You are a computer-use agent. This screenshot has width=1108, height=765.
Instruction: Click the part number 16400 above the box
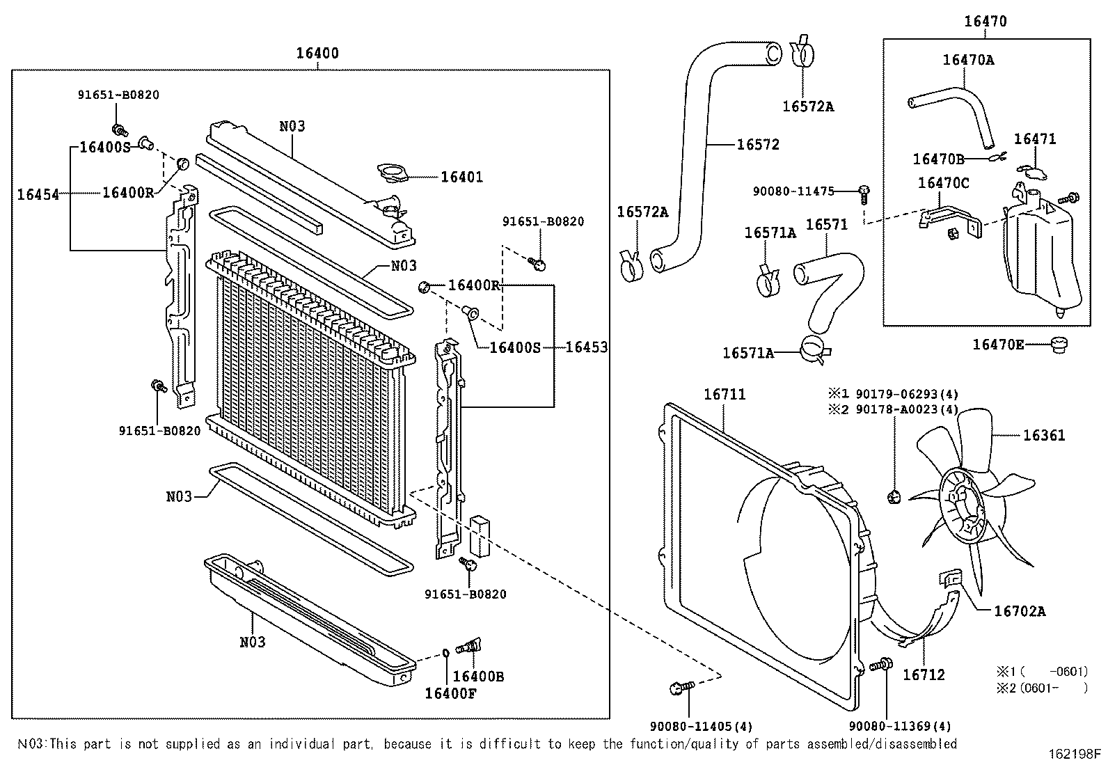coord(317,54)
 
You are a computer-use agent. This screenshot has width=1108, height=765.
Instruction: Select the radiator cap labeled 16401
coord(394,173)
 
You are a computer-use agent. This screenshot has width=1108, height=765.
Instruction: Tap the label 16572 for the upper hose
coord(758,145)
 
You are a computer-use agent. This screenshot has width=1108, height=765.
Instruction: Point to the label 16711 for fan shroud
coord(725,395)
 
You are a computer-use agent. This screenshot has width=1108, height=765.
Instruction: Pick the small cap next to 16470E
coord(1059,344)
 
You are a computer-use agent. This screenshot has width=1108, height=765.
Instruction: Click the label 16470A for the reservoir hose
coord(968,60)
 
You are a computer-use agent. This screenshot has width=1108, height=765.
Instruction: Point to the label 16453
coord(586,347)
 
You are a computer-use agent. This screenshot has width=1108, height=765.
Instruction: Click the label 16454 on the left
coord(38,194)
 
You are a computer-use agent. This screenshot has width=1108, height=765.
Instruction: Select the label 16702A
coord(1020,612)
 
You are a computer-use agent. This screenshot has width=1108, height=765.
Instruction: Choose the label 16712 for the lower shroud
coord(924,675)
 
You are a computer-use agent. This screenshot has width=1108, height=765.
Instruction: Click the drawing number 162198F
coord(1075,755)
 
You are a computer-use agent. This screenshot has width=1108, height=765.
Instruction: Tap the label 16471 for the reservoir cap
coord(1034,139)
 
